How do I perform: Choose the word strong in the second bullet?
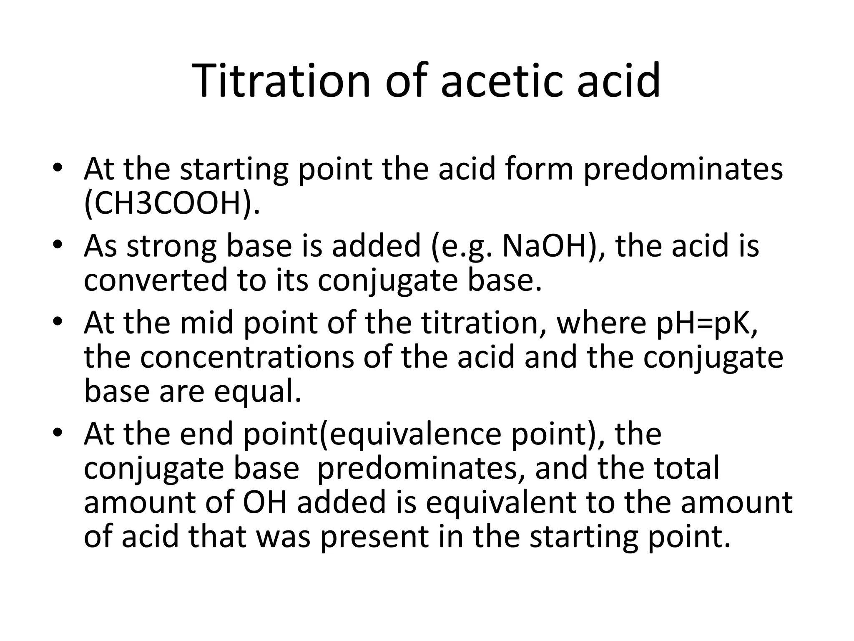pyautogui.click(x=171, y=246)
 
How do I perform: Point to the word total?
pyautogui.click(x=687, y=468)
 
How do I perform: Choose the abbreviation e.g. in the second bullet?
pyautogui.click(x=464, y=246)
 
